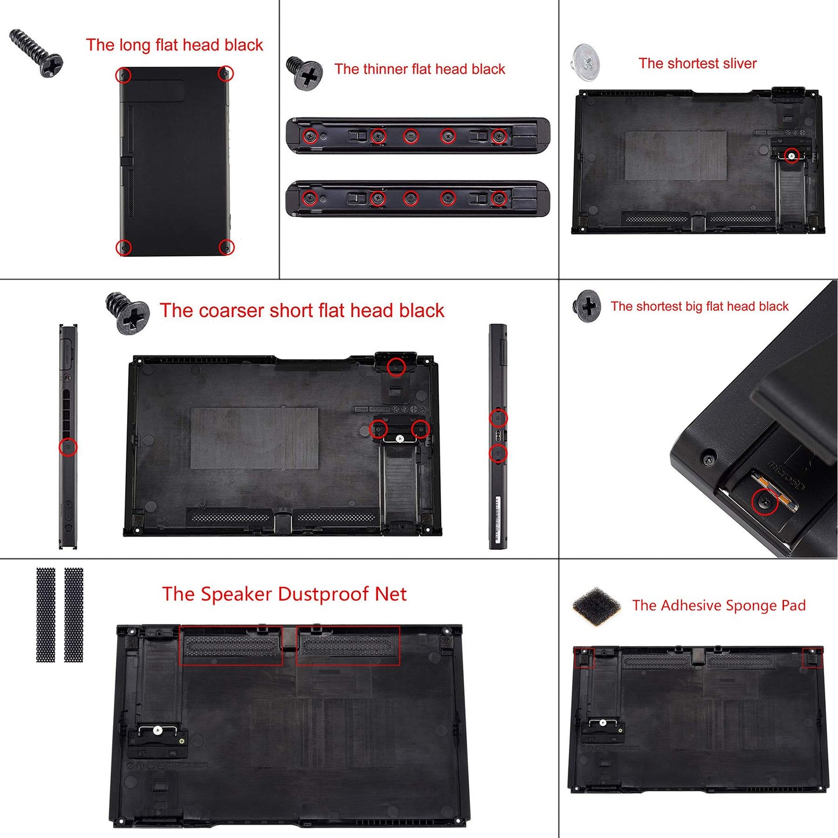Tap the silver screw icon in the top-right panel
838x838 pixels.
pos(586,62)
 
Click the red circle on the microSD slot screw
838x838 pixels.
pos(764,501)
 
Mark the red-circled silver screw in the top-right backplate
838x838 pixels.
pos(792,155)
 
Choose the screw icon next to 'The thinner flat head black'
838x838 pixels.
pos(304,72)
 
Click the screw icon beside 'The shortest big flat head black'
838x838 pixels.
pos(587,306)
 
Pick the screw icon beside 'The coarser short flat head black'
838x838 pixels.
pos(128,313)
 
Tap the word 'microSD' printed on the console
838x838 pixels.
pos(786,474)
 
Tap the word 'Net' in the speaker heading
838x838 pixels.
pos(391,594)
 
